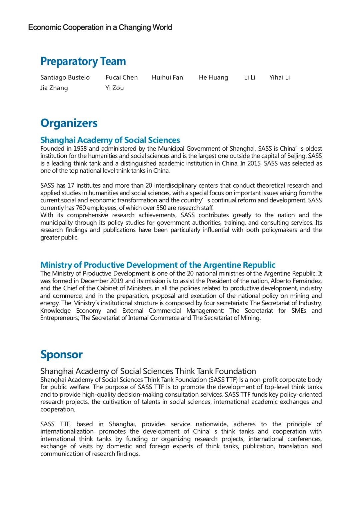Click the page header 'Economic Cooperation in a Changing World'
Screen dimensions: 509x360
100,27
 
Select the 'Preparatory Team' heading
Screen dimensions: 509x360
83,61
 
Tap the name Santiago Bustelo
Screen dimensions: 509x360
65,77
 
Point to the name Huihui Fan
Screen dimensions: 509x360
167,77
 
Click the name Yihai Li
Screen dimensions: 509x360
279,77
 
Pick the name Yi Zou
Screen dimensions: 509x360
115,88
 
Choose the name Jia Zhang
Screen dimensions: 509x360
54,88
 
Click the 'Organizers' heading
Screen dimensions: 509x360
69,123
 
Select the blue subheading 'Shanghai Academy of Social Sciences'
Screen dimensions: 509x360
110,140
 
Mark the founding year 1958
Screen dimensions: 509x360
80,149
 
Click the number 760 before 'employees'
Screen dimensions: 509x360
81,208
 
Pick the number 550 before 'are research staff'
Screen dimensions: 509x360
162,208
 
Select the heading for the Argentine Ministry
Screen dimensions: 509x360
158,265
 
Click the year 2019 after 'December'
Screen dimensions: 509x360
117,281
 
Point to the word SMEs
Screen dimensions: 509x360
299,311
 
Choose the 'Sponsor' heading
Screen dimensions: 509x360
61,354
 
